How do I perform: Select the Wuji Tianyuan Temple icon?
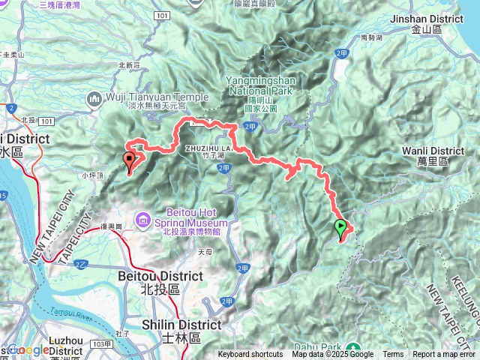click(x=95, y=97)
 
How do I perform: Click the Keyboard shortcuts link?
click(x=250, y=355)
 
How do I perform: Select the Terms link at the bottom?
click(x=393, y=355)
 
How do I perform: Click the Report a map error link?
click(x=444, y=355)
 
